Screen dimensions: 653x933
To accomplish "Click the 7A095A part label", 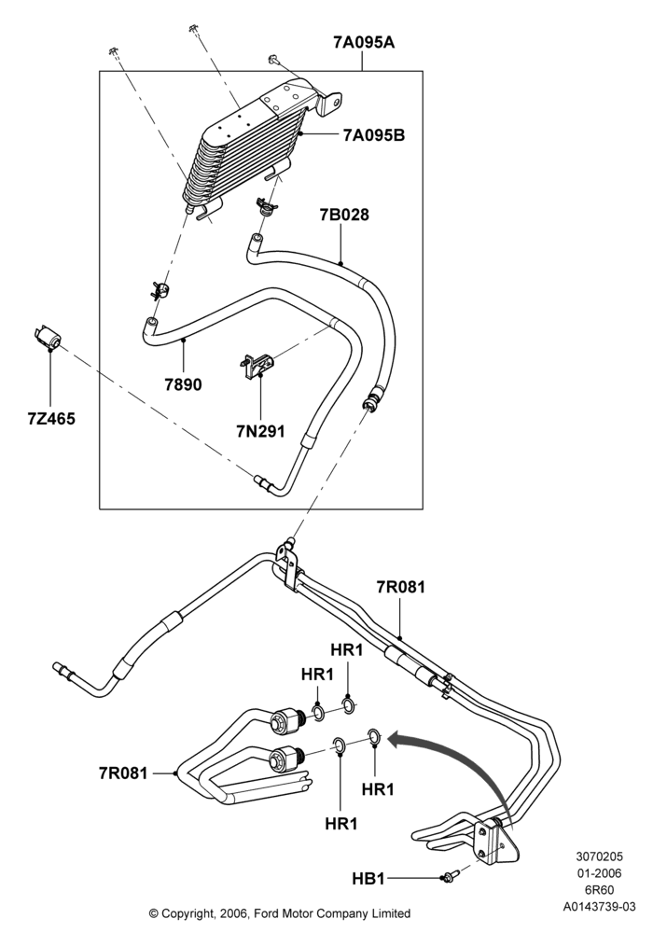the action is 364,44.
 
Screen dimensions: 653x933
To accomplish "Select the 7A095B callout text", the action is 373,135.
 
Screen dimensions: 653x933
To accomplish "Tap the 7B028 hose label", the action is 344,215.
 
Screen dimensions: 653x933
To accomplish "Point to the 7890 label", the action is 183,385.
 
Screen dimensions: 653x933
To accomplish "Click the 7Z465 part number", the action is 51,419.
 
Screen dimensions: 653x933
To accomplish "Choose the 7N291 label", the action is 261,430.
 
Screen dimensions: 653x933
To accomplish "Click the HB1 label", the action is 368,878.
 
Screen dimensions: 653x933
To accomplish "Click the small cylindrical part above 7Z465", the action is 47,336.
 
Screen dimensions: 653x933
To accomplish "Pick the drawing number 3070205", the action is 599,856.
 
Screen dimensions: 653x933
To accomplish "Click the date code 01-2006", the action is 599,873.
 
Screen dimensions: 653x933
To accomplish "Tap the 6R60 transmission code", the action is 599,890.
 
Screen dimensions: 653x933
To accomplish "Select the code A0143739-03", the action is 599,907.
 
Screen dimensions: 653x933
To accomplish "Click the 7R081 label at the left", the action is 123,773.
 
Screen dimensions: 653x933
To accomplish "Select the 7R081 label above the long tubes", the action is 401,587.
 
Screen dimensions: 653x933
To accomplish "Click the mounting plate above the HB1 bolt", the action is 494,841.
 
